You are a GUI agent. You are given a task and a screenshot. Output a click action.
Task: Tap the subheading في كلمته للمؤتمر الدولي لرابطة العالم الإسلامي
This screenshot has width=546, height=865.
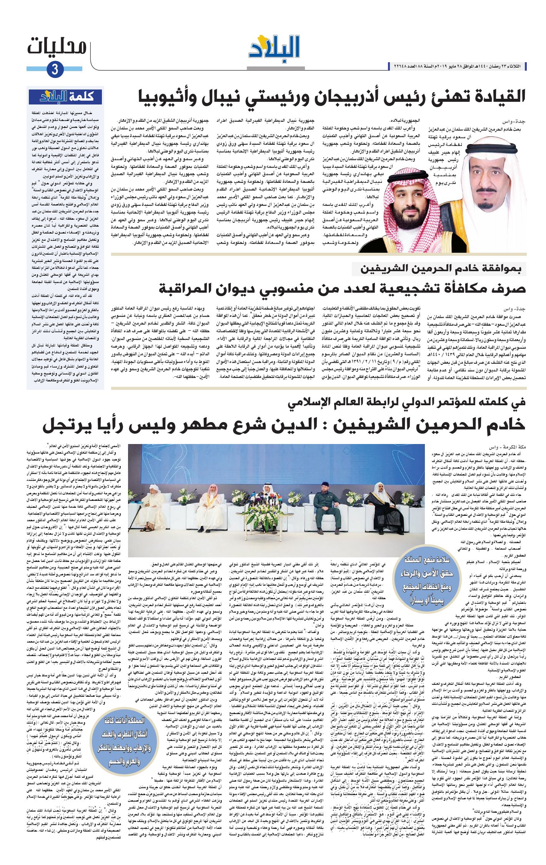[x=407, y=402]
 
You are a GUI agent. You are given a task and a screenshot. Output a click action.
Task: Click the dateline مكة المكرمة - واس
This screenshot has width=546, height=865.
[x=507, y=447]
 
